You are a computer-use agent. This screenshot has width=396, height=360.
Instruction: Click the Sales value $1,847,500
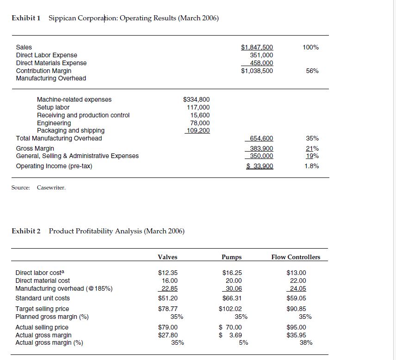[x=257, y=47]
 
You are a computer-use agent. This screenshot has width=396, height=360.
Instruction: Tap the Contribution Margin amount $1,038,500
[x=257, y=71]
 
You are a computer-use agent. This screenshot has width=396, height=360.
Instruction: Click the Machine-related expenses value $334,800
[x=197, y=99]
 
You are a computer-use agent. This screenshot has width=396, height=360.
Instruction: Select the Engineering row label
[x=54, y=123]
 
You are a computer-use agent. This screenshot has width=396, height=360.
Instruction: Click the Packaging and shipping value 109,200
[x=198, y=130]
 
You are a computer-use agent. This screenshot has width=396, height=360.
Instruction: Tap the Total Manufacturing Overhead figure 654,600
[x=261, y=138]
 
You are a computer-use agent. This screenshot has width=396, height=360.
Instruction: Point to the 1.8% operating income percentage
[x=312, y=166]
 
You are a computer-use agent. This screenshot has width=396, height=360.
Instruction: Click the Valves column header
[x=167, y=257]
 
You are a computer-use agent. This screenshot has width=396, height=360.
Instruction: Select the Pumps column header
[x=232, y=257]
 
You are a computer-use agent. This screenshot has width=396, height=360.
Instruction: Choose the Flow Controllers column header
[x=296, y=257]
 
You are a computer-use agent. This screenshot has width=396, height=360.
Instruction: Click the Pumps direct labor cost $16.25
[x=232, y=273]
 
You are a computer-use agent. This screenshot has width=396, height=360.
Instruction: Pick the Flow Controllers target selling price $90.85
[x=296, y=309]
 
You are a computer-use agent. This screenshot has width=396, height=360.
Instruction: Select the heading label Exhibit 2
[x=26, y=231]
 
